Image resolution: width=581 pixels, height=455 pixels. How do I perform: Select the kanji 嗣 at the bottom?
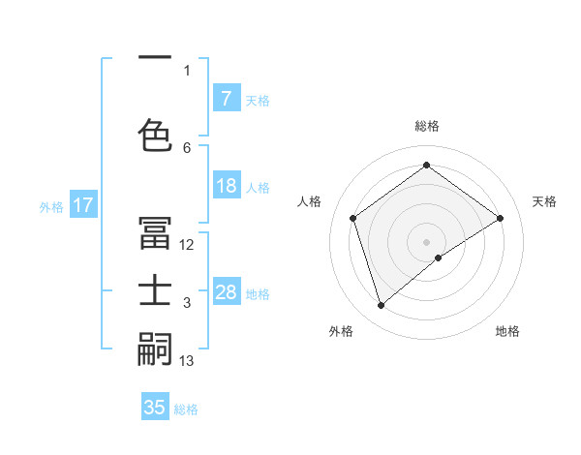(154, 348)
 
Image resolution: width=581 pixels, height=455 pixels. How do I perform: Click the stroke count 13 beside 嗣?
(187, 361)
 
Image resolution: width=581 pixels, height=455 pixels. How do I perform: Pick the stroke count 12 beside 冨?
(187, 245)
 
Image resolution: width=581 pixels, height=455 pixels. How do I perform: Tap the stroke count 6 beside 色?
(187, 147)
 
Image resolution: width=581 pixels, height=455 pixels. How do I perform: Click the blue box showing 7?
(227, 99)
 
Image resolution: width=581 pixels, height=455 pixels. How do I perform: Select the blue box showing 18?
(227, 187)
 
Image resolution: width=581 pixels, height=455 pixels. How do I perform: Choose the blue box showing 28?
(227, 292)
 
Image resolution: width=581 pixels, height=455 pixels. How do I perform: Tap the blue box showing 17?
(83, 205)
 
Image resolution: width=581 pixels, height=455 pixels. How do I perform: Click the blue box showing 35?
(155, 408)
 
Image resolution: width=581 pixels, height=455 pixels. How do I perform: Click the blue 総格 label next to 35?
(186, 409)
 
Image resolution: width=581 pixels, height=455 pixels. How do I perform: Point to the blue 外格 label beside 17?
(51, 206)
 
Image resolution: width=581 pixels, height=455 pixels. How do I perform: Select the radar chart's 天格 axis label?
(544, 201)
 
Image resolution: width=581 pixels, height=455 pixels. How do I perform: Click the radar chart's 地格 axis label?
(507, 331)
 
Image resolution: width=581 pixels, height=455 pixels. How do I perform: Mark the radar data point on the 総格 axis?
(426, 165)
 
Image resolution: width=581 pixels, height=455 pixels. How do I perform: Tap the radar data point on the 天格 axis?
(500, 218)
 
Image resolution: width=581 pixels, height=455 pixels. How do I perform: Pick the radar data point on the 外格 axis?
(381, 306)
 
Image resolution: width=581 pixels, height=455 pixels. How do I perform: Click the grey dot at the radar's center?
(426, 241)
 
